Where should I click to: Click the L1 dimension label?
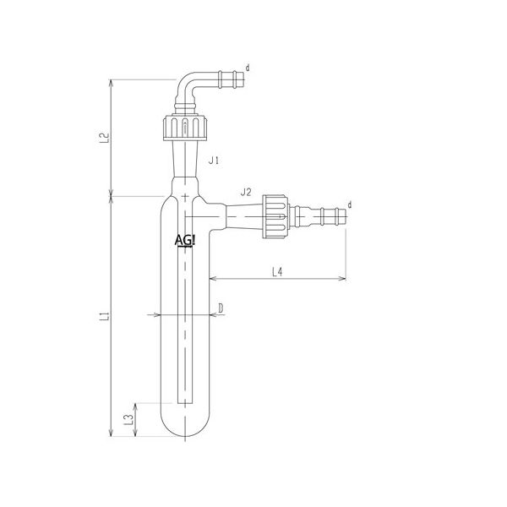pos(105,316)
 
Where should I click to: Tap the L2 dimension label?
pos(105,138)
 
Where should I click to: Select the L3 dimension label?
pos(128,420)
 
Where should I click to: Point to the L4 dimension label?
pos(277,272)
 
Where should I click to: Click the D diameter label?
pos(221,308)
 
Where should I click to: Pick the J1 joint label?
pos(214,160)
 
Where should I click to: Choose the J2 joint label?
pos(246,193)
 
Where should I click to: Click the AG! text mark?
pos(185,241)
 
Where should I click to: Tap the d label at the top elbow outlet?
pos(248,68)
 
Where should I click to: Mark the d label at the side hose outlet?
pos(350,204)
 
